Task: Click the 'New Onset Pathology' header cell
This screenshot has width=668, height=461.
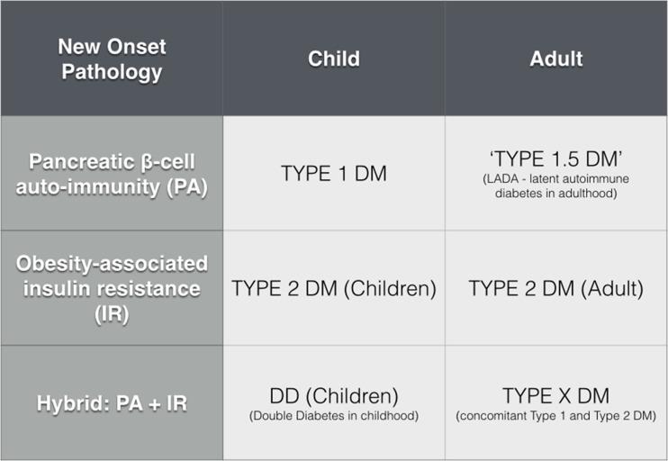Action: pos(111,59)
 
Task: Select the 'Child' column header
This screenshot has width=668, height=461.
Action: pos(333,59)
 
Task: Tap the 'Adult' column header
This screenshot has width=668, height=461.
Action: pos(555,59)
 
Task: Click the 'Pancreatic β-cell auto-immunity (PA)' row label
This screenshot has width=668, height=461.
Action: pos(111,173)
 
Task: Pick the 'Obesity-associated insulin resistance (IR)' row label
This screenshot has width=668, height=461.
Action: pos(111,288)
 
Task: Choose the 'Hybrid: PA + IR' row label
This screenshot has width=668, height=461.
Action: pos(111,402)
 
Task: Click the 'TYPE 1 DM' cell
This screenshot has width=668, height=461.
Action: pos(333,173)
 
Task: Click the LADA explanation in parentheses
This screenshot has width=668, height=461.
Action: pos(555,185)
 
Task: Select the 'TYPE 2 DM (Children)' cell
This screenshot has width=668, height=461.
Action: pos(333,288)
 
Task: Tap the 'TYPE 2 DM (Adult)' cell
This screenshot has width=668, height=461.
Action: pos(555,288)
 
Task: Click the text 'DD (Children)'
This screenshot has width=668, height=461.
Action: pos(333,395)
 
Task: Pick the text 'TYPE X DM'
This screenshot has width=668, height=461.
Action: pos(555,395)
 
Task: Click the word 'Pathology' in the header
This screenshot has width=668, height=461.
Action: pos(111,71)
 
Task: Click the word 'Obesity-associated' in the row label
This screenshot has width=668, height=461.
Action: pos(111,264)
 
